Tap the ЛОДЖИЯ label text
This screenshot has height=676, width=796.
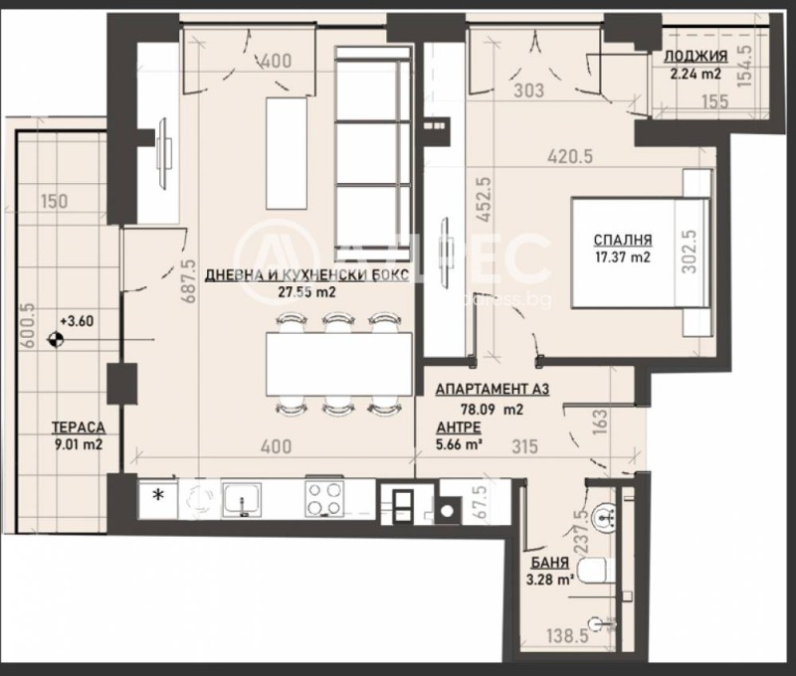pyautogui.click(x=696, y=56)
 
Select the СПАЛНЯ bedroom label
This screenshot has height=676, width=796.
pyautogui.click(x=623, y=240)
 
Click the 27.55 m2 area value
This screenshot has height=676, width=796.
pyautogui.click(x=306, y=293)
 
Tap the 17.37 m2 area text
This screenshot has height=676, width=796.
pyautogui.click(x=623, y=257)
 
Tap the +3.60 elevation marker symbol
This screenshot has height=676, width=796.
pyautogui.click(x=56, y=339)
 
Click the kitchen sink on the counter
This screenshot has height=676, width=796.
pyautogui.click(x=243, y=499)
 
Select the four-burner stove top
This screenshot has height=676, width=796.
pyautogui.click(x=323, y=499)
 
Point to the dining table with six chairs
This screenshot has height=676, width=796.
pyautogui.click(x=338, y=362)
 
